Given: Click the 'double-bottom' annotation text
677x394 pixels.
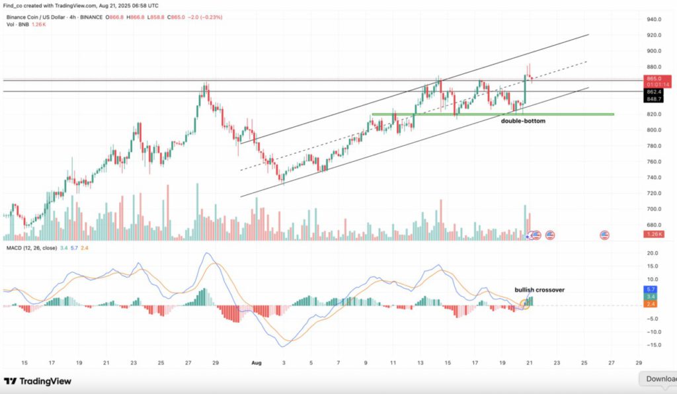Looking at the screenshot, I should [523, 122].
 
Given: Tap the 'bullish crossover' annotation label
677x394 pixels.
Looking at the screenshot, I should [539, 290].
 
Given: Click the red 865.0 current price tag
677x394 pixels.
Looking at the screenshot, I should [655, 79].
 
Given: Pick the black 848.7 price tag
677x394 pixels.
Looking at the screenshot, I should [655, 99].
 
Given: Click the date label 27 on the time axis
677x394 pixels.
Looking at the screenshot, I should [612, 363].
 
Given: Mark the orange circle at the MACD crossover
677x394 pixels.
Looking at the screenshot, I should [525, 304].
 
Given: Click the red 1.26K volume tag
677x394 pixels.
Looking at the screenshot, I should [655, 234].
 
